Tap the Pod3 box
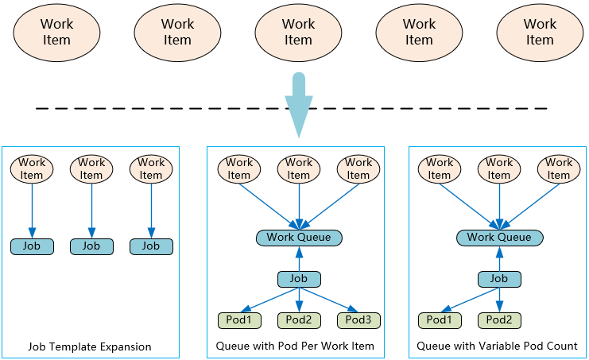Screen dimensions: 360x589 coord(358,320)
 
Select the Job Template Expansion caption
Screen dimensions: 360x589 coord(90,346)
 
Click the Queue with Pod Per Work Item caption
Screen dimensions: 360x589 coord(295,346)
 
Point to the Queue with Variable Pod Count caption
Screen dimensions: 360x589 coord(497,346)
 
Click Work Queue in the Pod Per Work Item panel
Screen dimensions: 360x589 coord(299,238)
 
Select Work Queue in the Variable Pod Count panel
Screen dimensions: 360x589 coord(499,238)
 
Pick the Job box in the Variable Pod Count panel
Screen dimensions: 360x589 coord(499,279)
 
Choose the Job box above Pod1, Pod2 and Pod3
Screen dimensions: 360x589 coord(299,279)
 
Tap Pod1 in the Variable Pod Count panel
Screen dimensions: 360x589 coord(440,320)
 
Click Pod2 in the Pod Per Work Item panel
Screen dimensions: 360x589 coord(299,320)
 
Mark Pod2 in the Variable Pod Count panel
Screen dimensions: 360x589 coord(499,320)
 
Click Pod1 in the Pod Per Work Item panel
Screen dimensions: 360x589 coord(239,320)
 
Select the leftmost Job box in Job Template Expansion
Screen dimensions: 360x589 coord(32,246)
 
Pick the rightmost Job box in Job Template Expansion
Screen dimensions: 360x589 coord(151,246)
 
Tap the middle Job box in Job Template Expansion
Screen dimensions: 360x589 coord(91,246)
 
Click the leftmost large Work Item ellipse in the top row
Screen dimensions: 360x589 coord(56,33)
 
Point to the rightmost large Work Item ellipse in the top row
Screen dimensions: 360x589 coord(540,33)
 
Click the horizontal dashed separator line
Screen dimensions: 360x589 coord(159,108)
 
